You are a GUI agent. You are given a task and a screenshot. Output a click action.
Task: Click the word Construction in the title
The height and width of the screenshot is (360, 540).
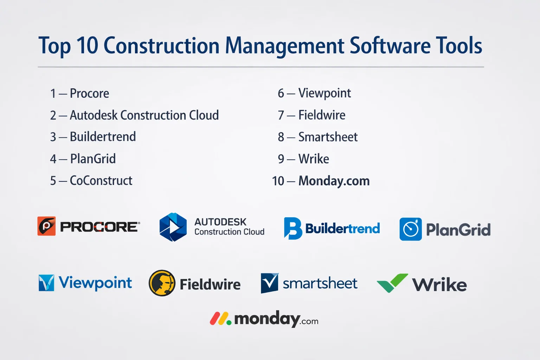161,45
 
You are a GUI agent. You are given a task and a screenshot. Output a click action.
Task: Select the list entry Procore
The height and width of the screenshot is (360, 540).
89,93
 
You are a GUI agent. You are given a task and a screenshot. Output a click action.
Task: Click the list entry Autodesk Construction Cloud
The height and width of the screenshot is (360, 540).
144,115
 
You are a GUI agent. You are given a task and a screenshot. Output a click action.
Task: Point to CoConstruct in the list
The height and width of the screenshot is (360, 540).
101,180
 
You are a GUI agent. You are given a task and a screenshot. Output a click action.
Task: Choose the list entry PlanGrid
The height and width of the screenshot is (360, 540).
93,159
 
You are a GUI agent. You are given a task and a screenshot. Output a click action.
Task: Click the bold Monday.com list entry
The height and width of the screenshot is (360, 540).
334,181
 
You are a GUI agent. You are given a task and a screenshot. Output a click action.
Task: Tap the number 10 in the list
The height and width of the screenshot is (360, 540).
278,181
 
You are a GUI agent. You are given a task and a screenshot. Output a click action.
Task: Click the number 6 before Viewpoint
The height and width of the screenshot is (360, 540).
281,93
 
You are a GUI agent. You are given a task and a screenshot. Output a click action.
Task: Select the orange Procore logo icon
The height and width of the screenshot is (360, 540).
46,226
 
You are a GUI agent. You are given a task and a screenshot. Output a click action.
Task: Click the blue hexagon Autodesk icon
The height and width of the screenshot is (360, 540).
173,227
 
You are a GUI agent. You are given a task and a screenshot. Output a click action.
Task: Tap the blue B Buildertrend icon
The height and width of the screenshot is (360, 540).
292,229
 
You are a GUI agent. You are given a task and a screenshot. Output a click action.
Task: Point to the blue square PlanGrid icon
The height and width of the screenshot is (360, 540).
411,229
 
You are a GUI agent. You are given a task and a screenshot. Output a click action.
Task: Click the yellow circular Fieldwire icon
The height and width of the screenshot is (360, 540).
162,283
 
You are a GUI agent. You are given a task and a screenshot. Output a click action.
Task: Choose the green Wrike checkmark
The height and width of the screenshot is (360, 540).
392,283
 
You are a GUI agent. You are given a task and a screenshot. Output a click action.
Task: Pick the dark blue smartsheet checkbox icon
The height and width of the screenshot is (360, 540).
270,283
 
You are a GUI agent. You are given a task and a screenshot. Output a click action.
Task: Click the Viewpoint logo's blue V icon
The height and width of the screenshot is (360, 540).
46,283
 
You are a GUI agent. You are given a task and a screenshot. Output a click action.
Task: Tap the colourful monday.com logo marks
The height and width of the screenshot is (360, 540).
220,319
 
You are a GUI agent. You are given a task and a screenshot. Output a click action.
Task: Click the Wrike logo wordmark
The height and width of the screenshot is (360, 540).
439,285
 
